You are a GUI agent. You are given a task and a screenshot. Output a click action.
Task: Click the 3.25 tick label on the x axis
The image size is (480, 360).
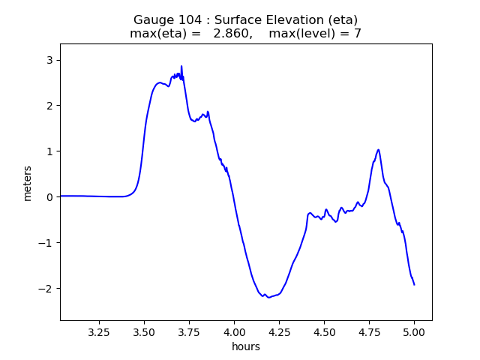pos(99,331)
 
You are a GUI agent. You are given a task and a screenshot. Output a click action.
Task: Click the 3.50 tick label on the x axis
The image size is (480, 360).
pos(144,331)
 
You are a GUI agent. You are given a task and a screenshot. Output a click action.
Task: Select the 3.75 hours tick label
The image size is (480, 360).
pos(189,331)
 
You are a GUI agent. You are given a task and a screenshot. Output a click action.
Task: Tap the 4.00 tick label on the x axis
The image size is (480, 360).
pos(234,331)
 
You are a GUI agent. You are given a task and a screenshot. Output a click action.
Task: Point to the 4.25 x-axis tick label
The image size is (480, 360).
pos(279,331)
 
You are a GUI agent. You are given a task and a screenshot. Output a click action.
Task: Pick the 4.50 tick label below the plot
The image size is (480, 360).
pos(324,331)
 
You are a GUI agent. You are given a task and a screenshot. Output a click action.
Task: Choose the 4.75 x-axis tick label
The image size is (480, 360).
pos(369,331)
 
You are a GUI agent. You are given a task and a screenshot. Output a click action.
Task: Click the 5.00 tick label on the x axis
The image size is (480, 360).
pos(414,331)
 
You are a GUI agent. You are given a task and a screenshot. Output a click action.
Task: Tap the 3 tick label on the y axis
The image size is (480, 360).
pos(51,60)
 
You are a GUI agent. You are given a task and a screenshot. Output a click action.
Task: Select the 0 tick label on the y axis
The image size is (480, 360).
pos(51,197)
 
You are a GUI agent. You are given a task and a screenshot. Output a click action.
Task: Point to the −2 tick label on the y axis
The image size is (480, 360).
pos(48,289)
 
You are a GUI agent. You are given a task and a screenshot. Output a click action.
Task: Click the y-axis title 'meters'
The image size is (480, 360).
pos(28,183)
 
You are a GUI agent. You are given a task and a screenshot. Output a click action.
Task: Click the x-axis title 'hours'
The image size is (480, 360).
pos(246,346)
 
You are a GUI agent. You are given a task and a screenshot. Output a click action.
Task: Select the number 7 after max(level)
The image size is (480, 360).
pos(358,34)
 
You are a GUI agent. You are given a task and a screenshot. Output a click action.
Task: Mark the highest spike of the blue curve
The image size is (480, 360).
pos(181,66)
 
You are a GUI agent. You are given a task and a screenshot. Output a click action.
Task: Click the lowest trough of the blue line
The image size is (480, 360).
pos(268,298)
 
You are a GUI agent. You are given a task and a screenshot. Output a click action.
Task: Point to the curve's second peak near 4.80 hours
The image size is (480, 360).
pos(379,149)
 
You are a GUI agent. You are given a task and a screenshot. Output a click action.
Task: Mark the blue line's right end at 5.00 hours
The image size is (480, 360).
pos(414,284)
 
